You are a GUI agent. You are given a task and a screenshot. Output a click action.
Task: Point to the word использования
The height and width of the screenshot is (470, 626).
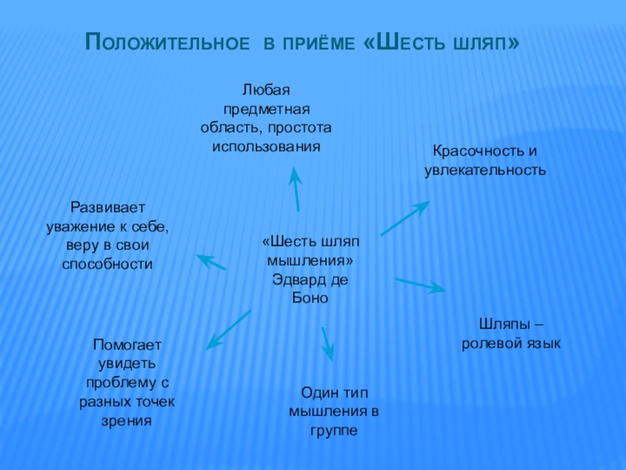click(266, 146)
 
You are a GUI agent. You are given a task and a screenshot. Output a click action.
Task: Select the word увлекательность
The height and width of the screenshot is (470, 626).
click(485, 169)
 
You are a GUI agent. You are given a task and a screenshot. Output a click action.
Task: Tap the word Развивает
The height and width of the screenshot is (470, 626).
click(108, 208)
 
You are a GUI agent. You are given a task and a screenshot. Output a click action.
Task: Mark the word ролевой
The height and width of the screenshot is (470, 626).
click(494, 343)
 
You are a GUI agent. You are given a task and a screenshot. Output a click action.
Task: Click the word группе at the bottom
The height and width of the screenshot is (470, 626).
click(333, 430)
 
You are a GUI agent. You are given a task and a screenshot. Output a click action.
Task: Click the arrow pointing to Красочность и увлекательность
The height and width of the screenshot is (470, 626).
click(404, 219)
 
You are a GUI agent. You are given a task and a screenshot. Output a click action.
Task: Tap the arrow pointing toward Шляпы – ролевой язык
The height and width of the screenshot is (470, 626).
click(420, 284)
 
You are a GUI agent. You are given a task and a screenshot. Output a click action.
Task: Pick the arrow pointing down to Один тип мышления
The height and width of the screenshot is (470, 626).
click(327, 343)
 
